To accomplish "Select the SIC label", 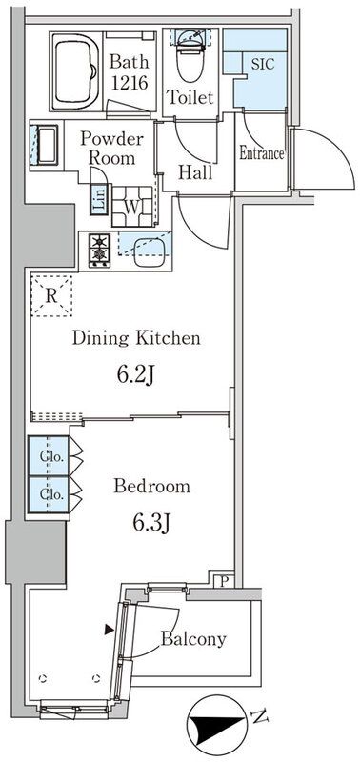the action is click(263, 63).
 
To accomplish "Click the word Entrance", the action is click(261, 153).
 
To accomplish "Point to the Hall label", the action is click(195, 172).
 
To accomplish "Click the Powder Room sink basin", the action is click(47, 145).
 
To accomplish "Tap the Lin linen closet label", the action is click(99, 200).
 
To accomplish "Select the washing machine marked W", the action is click(132, 206).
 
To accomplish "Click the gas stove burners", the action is click(99, 250).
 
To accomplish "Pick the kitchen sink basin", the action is click(150, 252).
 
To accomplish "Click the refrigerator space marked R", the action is click(51, 296).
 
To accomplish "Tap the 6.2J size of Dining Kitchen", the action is click(135, 374).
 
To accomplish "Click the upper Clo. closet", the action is click(49, 456).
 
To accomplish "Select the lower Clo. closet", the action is click(49, 494).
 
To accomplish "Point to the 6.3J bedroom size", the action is click(150, 523).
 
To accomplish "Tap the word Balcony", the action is click(193, 639).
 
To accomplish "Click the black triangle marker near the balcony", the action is click(110, 630).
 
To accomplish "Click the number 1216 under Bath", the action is click(130, 83).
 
